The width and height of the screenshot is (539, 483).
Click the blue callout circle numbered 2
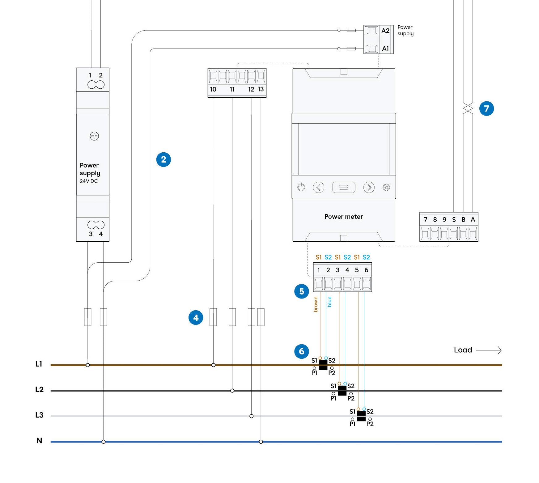[163, 159]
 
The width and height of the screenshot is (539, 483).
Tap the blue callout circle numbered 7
[486, 108]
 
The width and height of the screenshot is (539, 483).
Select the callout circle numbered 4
[196, 318]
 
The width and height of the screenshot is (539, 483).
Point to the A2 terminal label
[385, 31]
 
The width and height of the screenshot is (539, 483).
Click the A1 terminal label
[385, 49]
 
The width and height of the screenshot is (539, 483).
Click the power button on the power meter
[301, 187]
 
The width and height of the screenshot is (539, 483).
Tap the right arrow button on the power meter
[369, 187]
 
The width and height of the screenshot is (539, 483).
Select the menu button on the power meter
[344, 187]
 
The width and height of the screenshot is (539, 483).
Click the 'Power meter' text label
[344, 217]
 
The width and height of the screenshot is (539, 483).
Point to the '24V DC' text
[89, 181]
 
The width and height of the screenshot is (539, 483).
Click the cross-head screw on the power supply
[94, 136]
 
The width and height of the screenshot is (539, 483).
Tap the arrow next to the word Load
[489, 350]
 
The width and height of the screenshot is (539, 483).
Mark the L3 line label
[39, 415]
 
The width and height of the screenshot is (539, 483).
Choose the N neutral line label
[39, 441]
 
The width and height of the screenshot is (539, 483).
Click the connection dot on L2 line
[232, 391]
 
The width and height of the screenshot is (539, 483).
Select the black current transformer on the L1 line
[323, 365]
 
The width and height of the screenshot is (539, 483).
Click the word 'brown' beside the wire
[316, 304]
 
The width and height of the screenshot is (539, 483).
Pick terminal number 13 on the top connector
[261, 89]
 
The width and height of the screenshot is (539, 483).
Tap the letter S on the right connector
[454, 219]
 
